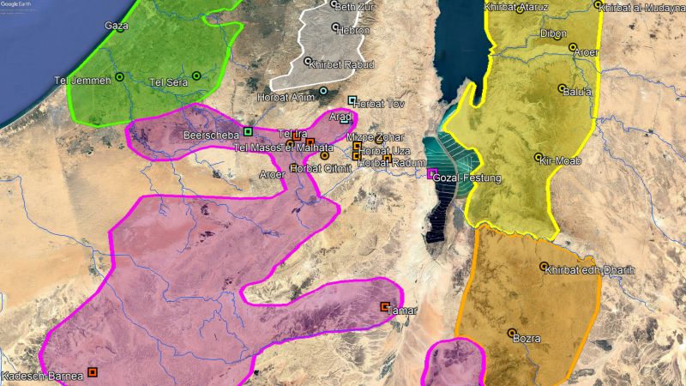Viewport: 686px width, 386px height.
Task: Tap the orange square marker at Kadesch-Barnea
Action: click(x=93, y=372)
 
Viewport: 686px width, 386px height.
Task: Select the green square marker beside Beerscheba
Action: click(x=248, y=131)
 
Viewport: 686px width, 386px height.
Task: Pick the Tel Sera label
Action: click(x=168, y=82)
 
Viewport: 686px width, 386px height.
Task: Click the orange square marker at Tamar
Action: click(x=385, y=306)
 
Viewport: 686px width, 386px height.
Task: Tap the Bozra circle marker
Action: click(x=512, y=333)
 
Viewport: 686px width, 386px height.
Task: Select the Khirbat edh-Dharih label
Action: click(x=592, y=269)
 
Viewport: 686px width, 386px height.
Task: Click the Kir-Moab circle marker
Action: click(x=539, y=158)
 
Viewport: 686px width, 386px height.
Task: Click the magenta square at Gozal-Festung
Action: click(x=431, y=173)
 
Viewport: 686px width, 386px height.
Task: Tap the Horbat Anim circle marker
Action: click(x=323, y=91)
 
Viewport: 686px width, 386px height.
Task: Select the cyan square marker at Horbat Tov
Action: click(x=352, y=100)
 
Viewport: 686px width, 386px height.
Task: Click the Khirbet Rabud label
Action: click(x=345, y=63)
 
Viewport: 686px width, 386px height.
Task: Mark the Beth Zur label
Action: click(x=357, y=8)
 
